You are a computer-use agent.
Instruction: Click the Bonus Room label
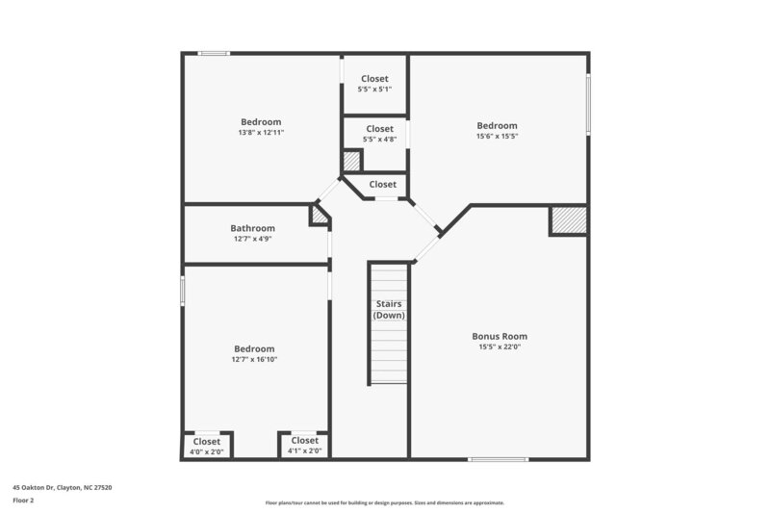pos(499,336)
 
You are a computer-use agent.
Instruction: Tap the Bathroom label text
pos(252,228)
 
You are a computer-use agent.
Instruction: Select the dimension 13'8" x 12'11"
pos(260,133)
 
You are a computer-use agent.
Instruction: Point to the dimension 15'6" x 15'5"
pos(497,137)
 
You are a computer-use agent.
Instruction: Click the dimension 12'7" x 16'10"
pos(253,359)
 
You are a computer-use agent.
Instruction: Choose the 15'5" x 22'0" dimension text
pos(499,347)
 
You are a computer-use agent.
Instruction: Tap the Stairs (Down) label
pos(389,309)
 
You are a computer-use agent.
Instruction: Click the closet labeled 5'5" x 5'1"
pos(374,84)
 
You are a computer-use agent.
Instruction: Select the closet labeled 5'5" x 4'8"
pos(378,134)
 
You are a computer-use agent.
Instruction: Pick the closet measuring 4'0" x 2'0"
pos(206,446)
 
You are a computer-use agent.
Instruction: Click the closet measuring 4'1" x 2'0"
pos(304,446)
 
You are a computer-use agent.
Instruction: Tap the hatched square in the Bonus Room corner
pos(567,220)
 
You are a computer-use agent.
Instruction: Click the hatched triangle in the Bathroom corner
pos(319,216)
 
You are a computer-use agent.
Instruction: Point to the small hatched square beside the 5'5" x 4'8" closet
pos(352,161)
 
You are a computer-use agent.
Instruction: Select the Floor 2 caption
pos(23,500)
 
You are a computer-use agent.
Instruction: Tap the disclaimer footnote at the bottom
pos(384,502)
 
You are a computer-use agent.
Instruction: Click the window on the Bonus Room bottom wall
pos(498,459)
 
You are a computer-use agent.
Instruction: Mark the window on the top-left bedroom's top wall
pos(214,53)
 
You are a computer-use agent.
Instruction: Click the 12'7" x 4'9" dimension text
pos(252,239)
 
